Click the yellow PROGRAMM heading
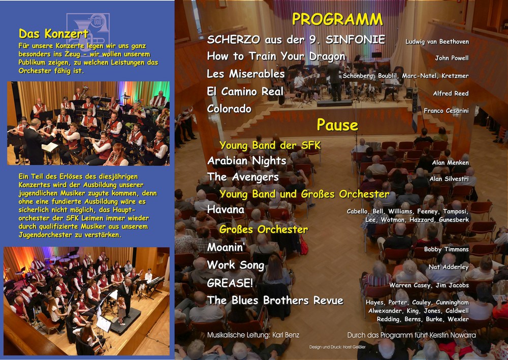337,19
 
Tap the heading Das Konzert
53,34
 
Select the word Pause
337,125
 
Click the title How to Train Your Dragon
276,56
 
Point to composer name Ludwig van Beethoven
437,42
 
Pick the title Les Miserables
245,74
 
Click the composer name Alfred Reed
451,94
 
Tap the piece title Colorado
229,109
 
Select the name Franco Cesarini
446,111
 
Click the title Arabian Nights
246,161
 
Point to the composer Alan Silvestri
449,178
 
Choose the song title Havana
226,209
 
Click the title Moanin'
226,248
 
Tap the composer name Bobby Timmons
447,249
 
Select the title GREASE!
230,283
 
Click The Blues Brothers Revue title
275,301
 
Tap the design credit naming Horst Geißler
337,347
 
